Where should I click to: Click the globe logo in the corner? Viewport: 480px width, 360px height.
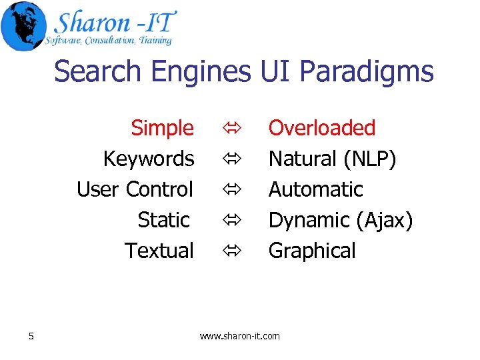pyautogui.click(x=24, y=25)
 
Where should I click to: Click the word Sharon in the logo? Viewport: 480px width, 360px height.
pyautogui.click(x=91, y=23)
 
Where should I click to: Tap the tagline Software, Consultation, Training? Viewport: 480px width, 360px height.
pyautogui.click(x=109, y=41)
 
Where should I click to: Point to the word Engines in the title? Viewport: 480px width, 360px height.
pyautogui.click(x=193, y=71)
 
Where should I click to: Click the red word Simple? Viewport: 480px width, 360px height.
pyautogui.click(x=162, y=127)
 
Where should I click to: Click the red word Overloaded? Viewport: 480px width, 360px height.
pyautogui.click(x=322, y=127)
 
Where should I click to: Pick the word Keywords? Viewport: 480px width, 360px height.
pyautogui.click(x=148, y=159)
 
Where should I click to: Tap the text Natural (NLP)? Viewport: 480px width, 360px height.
pyautogui.click(x=332, y=159)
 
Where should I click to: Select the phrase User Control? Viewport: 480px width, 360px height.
pyautogui.click(x=135, y=189)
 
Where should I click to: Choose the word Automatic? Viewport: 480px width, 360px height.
pyautogui.click(x=315, y=189)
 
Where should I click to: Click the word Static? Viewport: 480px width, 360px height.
pyautogui.click(x=164, y=219)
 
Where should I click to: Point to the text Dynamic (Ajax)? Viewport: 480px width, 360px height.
pyautogui.click(x=341, y=219)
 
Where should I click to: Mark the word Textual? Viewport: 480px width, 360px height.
pyautogui.click(x=159, y=251)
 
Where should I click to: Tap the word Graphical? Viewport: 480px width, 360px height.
pyautogui.click(x=312, y=251)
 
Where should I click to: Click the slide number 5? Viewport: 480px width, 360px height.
pyautogui.click(x=31, y=336)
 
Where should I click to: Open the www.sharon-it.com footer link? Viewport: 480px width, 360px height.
pyautogui.click(x=240, y=336)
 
